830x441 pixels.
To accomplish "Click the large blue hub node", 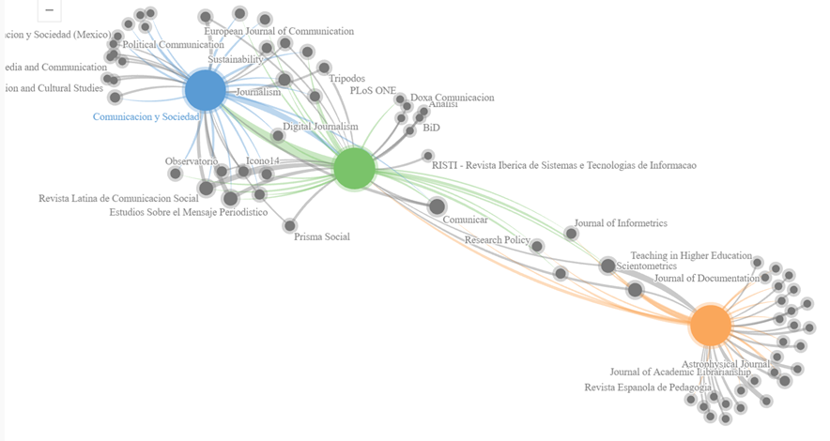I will pos(205,91).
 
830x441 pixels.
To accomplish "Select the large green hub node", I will pos(355,168).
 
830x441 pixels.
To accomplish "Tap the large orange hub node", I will pos(711,325).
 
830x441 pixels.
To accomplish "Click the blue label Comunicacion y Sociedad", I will pos(146,117).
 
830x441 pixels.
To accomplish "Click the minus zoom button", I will pos(49,10).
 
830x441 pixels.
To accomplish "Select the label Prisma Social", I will pos(321,237).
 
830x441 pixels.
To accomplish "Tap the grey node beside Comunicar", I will pos(437,206).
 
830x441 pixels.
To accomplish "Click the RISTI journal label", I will pos(563,166).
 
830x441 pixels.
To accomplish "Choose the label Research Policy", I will pos(497,241).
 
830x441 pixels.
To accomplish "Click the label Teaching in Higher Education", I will pos(691,255).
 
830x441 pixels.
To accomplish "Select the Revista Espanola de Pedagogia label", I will pos(648,388).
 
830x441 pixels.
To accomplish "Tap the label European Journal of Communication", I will pos(279,32).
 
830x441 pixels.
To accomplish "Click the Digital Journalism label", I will pos(320,127).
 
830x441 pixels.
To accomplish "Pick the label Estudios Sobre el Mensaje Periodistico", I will pos(188,212).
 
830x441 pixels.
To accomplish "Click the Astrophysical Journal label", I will pos(726,364).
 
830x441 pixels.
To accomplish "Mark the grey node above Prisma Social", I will pos(290,225).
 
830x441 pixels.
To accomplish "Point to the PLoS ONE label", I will pos(373,91).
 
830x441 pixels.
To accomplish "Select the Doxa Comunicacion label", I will pos(452,98).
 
